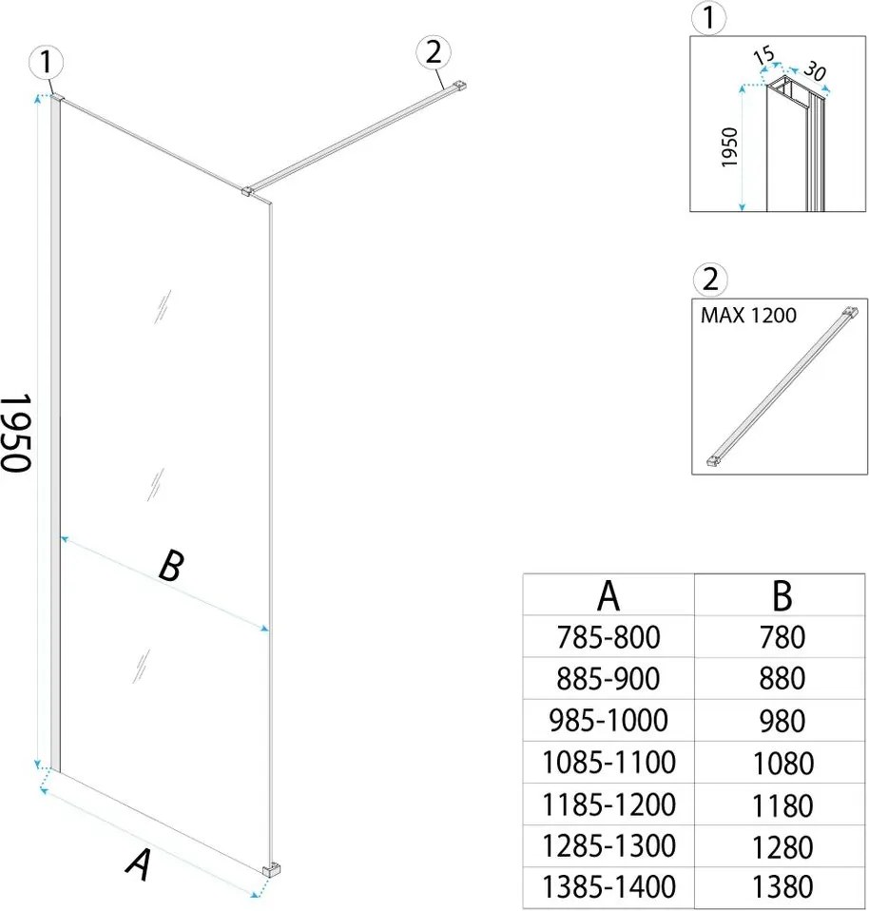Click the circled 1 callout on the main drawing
pyautogui.click(x=47, y=63)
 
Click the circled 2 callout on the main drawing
pyautogui.click(x=433, y=53)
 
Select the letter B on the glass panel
pyautogui.click(x=169, y=568)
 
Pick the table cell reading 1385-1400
pyautogui.click(x=608, y=886)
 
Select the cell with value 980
pyautogui.click(x=782, y=720)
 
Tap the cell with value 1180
pyautogui.click(x=782, y=804)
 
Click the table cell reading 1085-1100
pyautogui.click(x=608, y=762)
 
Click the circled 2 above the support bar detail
pyautogui.click(x=711, y=281)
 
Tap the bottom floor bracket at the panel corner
pyautogui.click(x=272, y=871)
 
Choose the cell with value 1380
pyautogui.click(x=782, y=886)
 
